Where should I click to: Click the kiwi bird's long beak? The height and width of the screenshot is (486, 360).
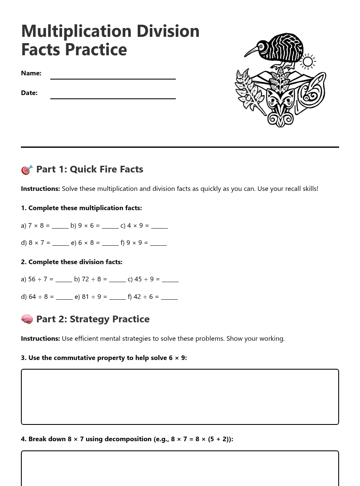click(x=251, y=51)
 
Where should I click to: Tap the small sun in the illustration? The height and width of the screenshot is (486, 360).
click(x=308, y=62)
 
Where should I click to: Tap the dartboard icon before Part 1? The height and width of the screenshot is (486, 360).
click(x=27, y=170)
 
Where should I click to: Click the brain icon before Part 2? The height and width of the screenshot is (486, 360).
click(x=27, y=319)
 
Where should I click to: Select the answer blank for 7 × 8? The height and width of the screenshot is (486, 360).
click(x=60, y=226)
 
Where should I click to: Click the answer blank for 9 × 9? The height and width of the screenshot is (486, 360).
click(x=158, y=243)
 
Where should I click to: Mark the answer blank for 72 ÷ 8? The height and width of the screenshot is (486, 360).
click(x=117, y=280)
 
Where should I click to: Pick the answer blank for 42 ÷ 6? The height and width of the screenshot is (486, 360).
click(x=169, y=297)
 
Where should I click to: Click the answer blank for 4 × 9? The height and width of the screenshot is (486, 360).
click(x=159, y=226)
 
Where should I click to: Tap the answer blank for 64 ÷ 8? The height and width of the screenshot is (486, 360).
click(x=64, y=297)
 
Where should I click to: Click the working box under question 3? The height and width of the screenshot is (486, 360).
click(x=180, y=397)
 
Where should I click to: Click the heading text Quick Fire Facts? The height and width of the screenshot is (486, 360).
click(x=106, y=170)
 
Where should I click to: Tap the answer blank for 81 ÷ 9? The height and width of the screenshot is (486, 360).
click(x=117, y=297)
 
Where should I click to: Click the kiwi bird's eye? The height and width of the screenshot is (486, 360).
click(x=261, y=46)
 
